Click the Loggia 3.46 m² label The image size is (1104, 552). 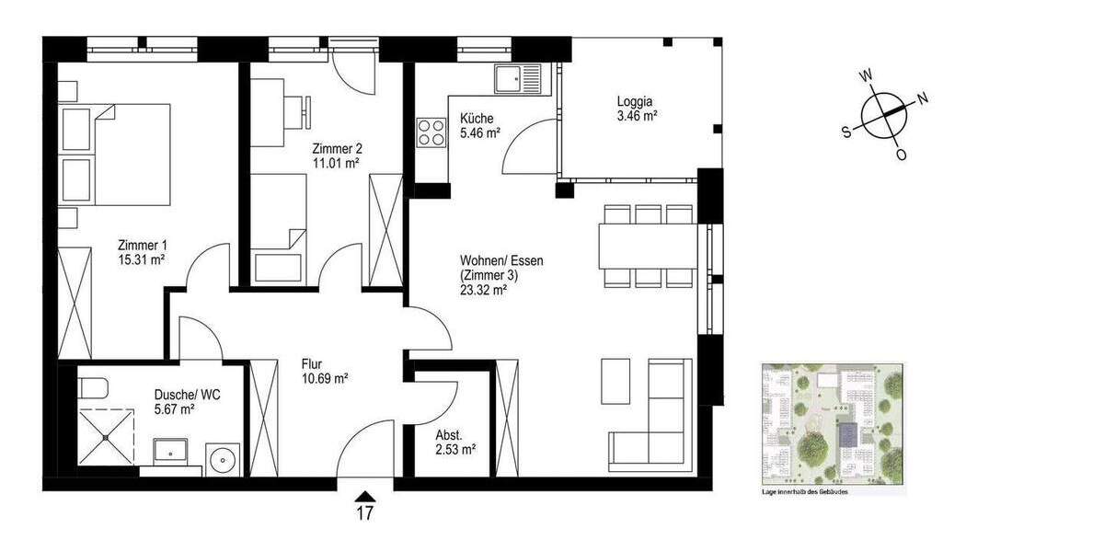(x=636, y=109)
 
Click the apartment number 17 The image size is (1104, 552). (x=365, y=514)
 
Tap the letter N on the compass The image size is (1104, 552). (x=923, y=98)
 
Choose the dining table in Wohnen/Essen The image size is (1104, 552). (x=649, y=246)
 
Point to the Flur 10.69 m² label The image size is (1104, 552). (x=324, y=370)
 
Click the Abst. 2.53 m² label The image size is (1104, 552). (x=454, y=443)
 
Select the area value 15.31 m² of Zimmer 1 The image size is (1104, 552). (x=142, y=260)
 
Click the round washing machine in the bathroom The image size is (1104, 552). (x=222, y=458)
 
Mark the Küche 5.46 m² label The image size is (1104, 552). (x=477, y=125)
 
